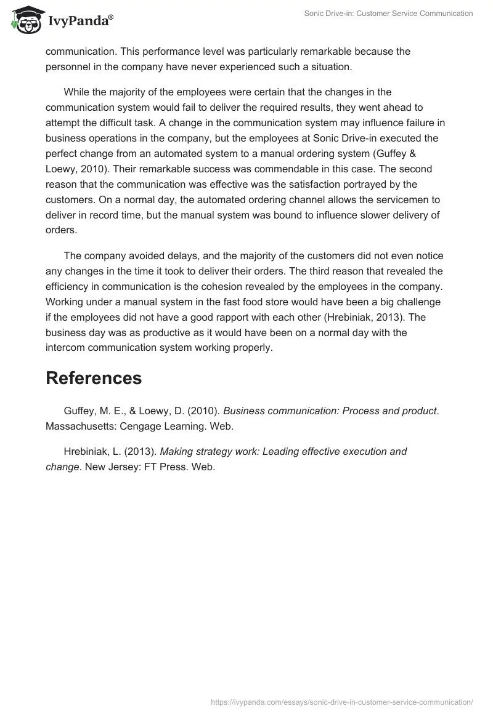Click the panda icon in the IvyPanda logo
(x=24, y=20)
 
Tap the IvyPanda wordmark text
(x=81, y=22)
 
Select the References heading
(x=94, y=378)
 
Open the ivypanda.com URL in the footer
(x=342, y=701)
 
